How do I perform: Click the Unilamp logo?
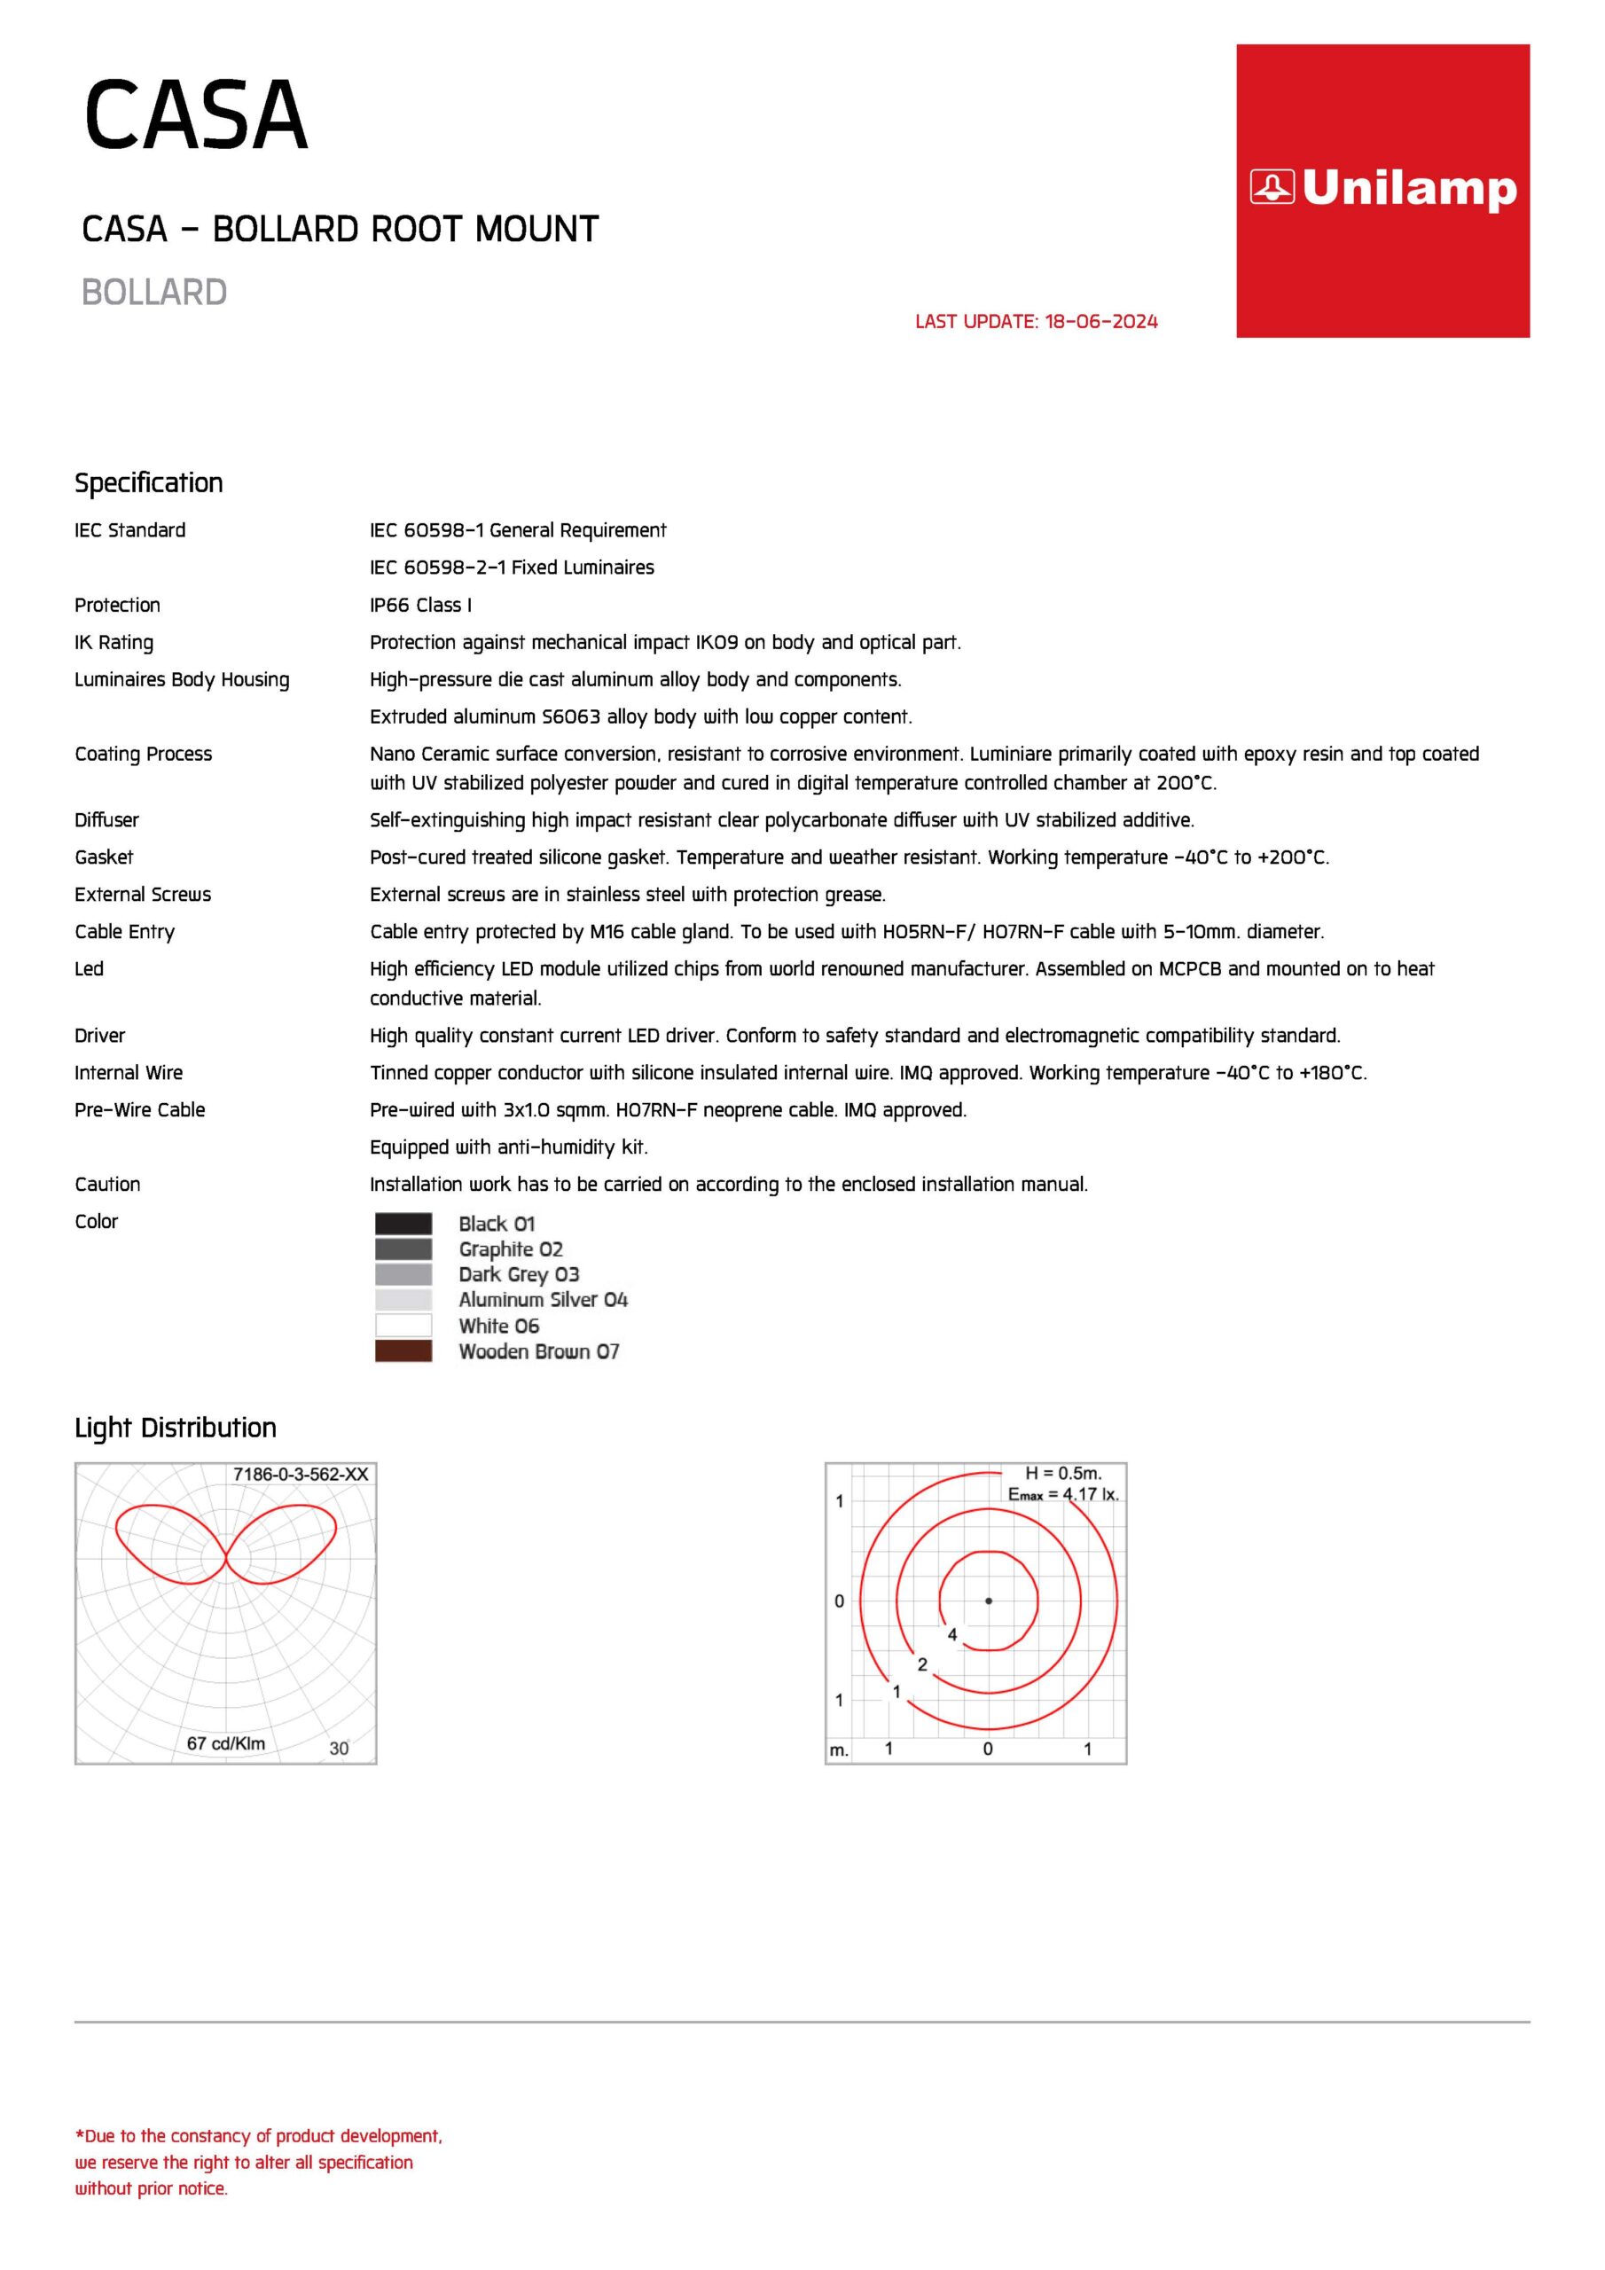tap(1382, 189)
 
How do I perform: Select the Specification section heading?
tap(148, 482)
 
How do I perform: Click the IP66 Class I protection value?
tap(420, 605)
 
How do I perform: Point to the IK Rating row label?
tap(114, 643)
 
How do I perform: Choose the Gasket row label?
tap(104, 857)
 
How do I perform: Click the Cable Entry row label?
tap(125, 931)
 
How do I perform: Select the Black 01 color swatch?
tap(403, 1223)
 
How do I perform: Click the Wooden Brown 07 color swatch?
tap(403, 1350)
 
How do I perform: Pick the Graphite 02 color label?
tap(510, 1248)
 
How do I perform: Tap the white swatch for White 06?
tap(403, 1325)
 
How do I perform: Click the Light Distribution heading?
tap(175, 1428)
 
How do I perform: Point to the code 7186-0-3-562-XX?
tap(301, 1474)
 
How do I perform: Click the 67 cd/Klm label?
tap(225, 1743)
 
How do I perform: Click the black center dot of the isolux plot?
tap(988, 1601)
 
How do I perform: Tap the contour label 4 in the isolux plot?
tap(952, 1634)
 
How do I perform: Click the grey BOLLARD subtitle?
tap(154, 293)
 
